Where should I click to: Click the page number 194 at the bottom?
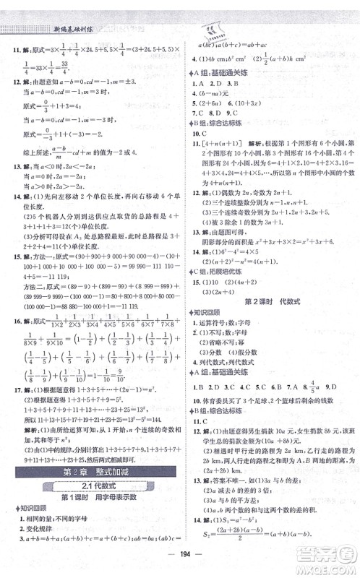pyautogui.click(x=180, y=563)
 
